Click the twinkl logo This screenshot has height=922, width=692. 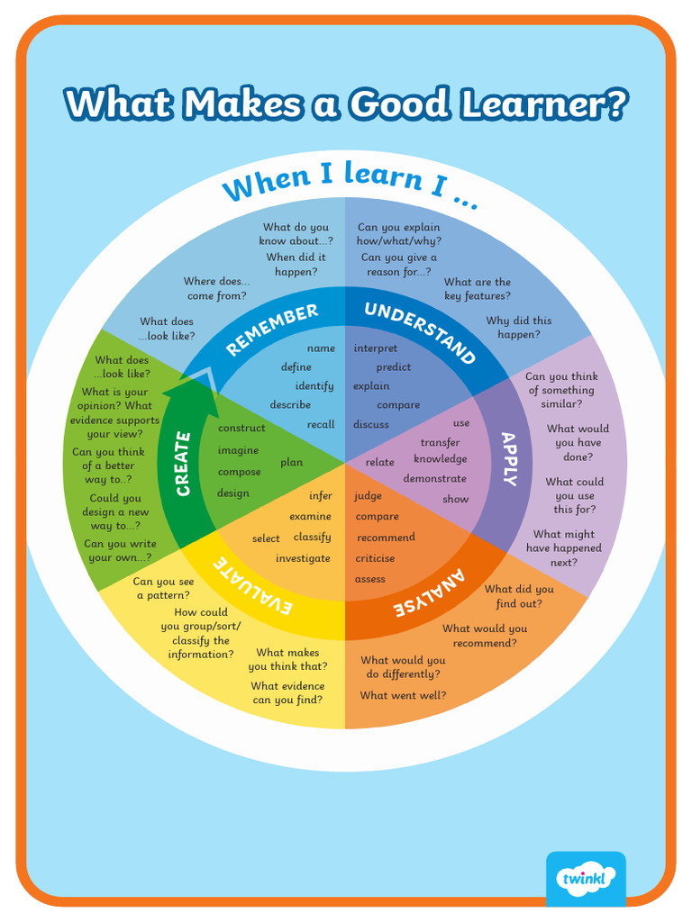pyautogui.click(x=586, y=878)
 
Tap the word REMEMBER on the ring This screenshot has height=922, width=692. pyautogui.click(x=271, y=329)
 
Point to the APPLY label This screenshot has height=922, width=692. pyautogui.click(x=509, y=459)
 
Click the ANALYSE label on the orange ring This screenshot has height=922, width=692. pyautogui.click(x=430, y=593)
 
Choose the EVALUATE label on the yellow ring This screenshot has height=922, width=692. pyautogui.click(x=253, y=586)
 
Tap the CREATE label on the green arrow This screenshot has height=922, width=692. pyautogui.click(x=183, y=464)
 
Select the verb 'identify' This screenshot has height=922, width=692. pyautogui.click(x=314, y=386)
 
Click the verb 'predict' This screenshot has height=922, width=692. pyautogui.click(x=394, y=367)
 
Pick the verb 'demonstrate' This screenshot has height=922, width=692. pyautogui.click(x=434, y=479)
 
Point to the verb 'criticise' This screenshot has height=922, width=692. pyautogui.click(x=375, y=558)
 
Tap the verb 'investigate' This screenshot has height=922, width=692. pyautogui.click(x=303, y=558)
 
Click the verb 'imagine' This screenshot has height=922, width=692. pyautogui.click(x=238, y=451)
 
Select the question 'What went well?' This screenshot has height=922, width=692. pyautogui.click(x=403, y=695)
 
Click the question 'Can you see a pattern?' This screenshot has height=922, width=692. pyautogui.click(x=163, y=588)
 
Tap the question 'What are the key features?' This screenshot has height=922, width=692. pyautogui.click(x=477, y=289)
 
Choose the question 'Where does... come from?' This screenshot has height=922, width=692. pyautogui.click(x=217, y=289)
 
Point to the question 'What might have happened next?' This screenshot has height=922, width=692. pyautogui.click(x=564, y=548)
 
